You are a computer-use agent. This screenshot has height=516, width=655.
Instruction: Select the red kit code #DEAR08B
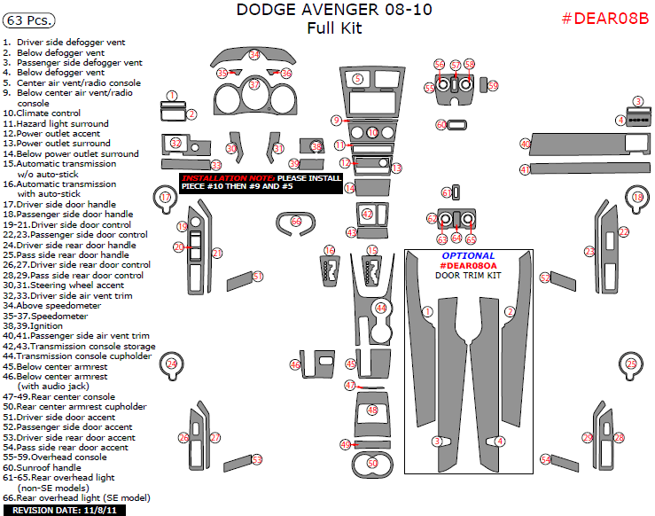pyautogui.click(x=604, y=19)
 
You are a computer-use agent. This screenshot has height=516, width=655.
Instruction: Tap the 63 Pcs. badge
pyautogui.click(x=28, y=19)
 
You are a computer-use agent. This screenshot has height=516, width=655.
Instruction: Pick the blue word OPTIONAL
pyautogui.click(x=468, y=255)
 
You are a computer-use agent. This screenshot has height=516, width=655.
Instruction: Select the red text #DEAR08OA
pyautogui.click(x=468, y=265)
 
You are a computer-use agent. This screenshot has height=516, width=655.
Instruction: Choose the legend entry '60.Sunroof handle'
pyautogui.click(x=53, y=466)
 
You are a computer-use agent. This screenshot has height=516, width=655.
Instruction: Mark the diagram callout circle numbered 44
pyautogui.click(x=381, y=308)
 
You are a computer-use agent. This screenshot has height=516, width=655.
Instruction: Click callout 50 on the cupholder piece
pyautogui.click(x=372, y=463)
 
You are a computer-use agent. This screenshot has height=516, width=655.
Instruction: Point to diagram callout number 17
pyautogui.click(x=166, y=197)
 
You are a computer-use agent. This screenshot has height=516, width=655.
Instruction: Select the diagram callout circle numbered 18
pyautogui.click(x=638, y=197)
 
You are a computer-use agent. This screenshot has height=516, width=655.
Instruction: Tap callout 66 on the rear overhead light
pyautogui.click(x=296, y=221)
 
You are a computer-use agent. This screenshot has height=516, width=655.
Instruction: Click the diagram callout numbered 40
pyautogui.click(x=526, y=144)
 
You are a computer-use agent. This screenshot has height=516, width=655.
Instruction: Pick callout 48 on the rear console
pyautogui.click(x=372, y=410)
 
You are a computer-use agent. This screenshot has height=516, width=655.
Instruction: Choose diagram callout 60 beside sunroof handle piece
pyautogui.click(x=441, y=125)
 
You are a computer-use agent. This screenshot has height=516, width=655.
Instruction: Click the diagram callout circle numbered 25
pyautogui.click(x=631, y=364)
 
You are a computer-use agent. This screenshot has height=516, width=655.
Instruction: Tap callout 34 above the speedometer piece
pyautogui.click(x=254, y=55)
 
